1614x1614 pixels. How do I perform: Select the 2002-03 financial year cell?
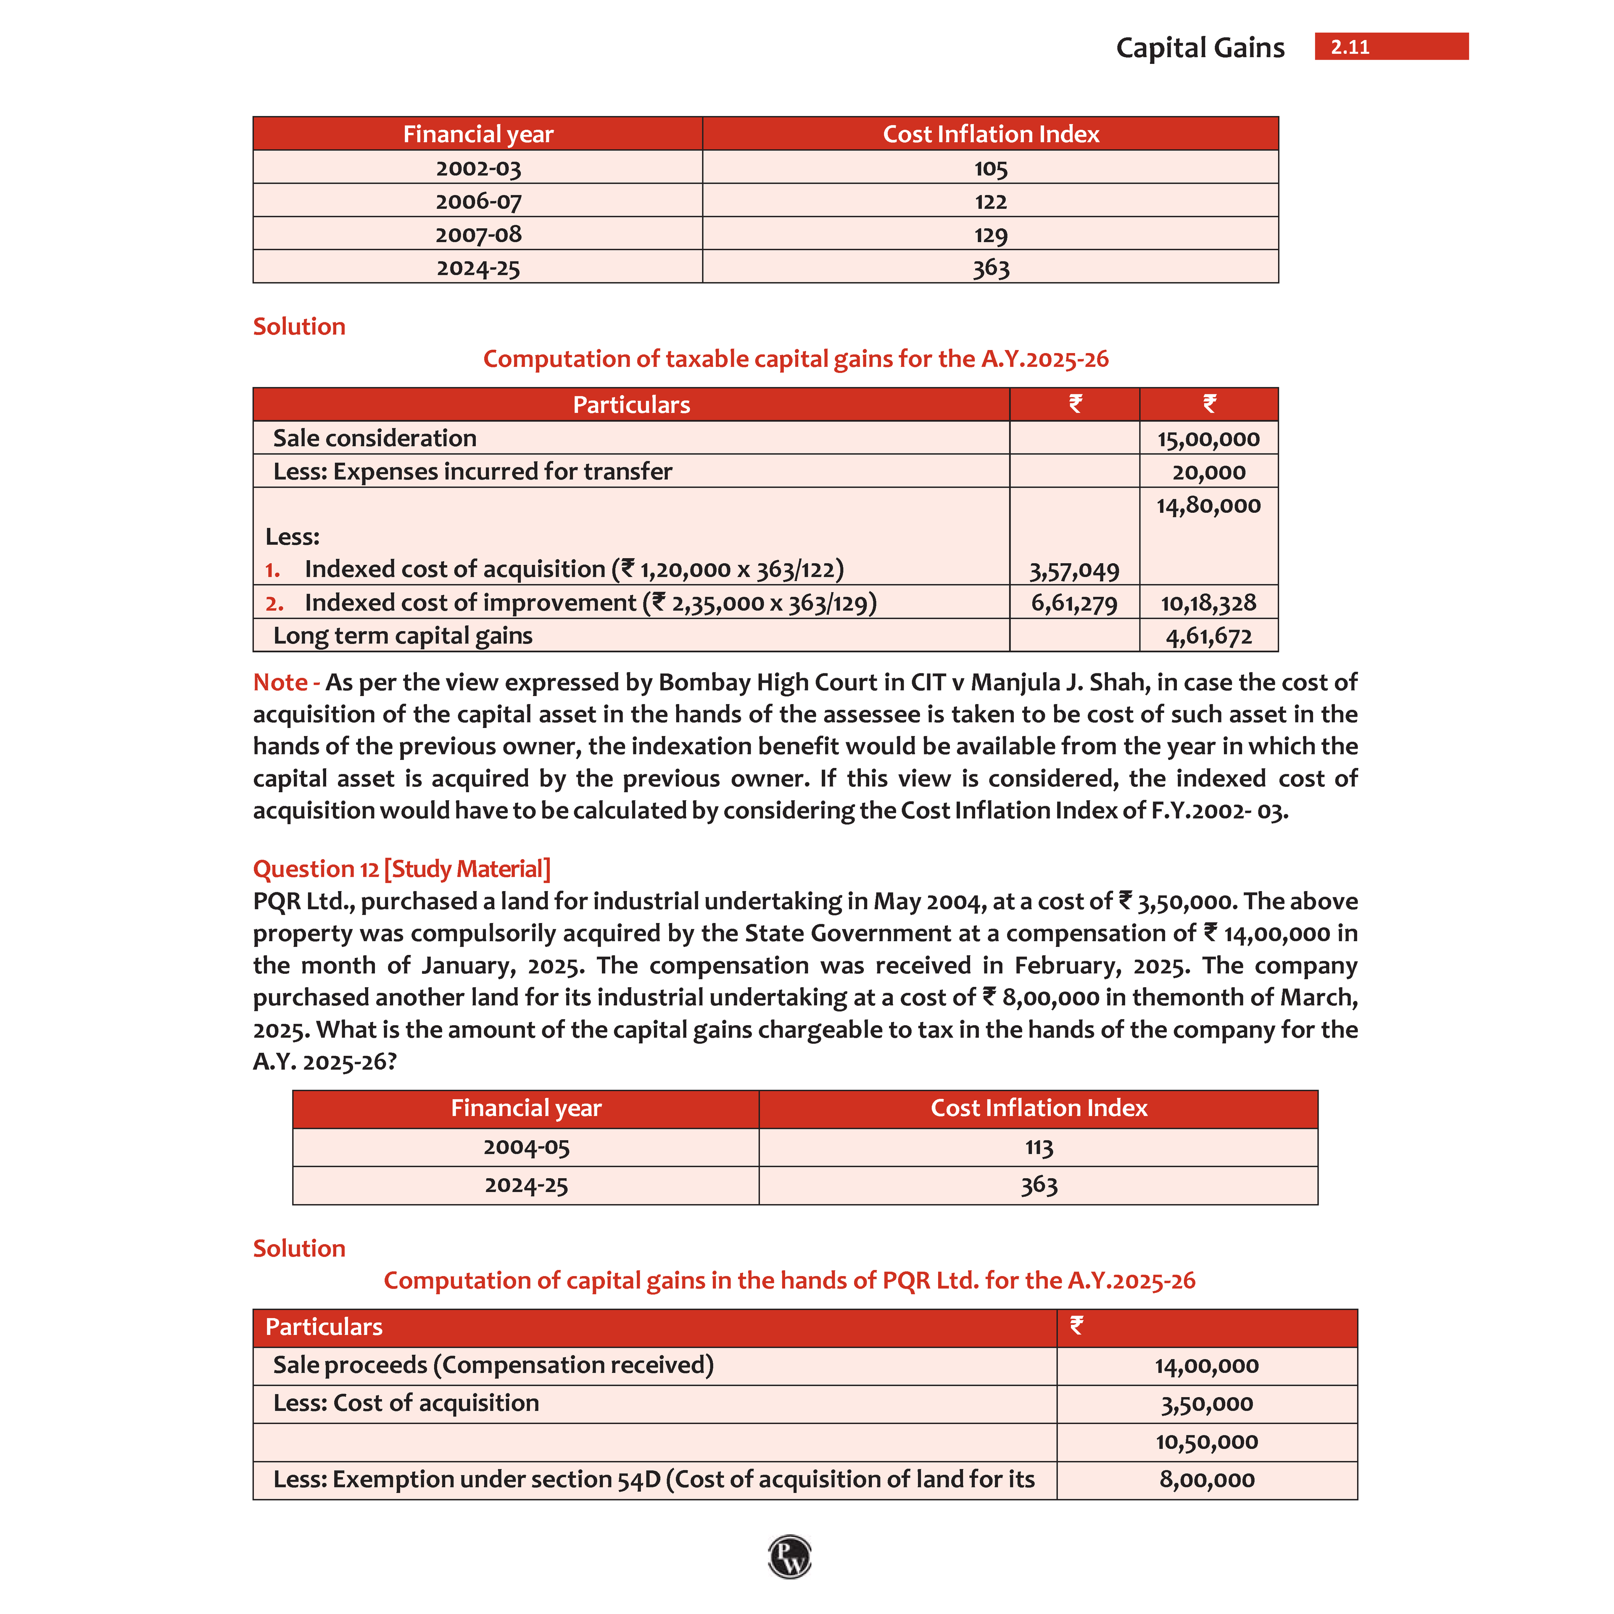(x=478, y=168)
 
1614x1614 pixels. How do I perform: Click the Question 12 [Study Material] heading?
(x=401, y=869)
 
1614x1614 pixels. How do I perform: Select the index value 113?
(x=1039, y=1147)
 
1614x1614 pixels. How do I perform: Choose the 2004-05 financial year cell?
(x=526, y=1147)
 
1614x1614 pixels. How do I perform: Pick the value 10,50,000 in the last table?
(x=1206, y=1442)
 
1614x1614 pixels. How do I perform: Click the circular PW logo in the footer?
(x=789, y=1556)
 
